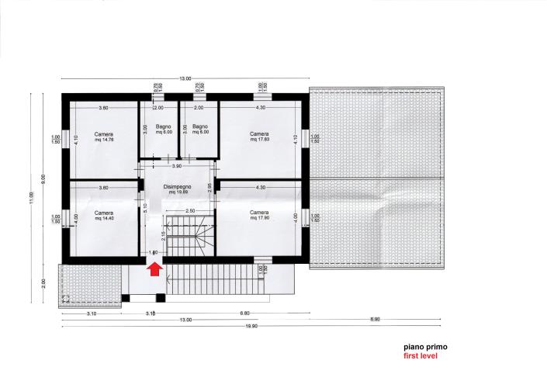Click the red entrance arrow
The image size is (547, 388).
point(154,269)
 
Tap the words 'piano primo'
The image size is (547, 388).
point(424,348)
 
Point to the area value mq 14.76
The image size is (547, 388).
point(103,140)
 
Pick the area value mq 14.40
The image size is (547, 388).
point(103,219)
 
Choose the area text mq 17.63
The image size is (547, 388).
point(259,140)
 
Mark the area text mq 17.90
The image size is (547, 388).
point(259,219)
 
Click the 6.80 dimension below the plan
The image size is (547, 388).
point(244,314)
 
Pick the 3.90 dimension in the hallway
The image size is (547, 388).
point(176,166)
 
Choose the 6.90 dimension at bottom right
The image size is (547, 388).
point(375,320)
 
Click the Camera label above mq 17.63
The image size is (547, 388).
point(259,133)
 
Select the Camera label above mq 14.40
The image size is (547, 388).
point(103,213)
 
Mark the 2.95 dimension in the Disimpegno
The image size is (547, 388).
point(210,186)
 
